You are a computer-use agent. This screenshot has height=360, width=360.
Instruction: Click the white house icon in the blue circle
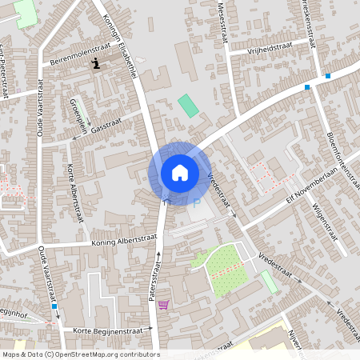coord(180,172)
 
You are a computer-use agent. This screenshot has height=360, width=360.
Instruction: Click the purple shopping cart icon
coord(163,304)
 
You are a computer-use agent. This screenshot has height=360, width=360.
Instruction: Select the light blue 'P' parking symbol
coord(197,202)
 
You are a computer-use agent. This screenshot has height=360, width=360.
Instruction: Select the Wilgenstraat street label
coord(324,219)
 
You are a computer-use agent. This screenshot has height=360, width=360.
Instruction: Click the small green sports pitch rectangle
coord(188,105)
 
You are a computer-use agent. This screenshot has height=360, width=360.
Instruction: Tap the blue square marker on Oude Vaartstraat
coord(54,306)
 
